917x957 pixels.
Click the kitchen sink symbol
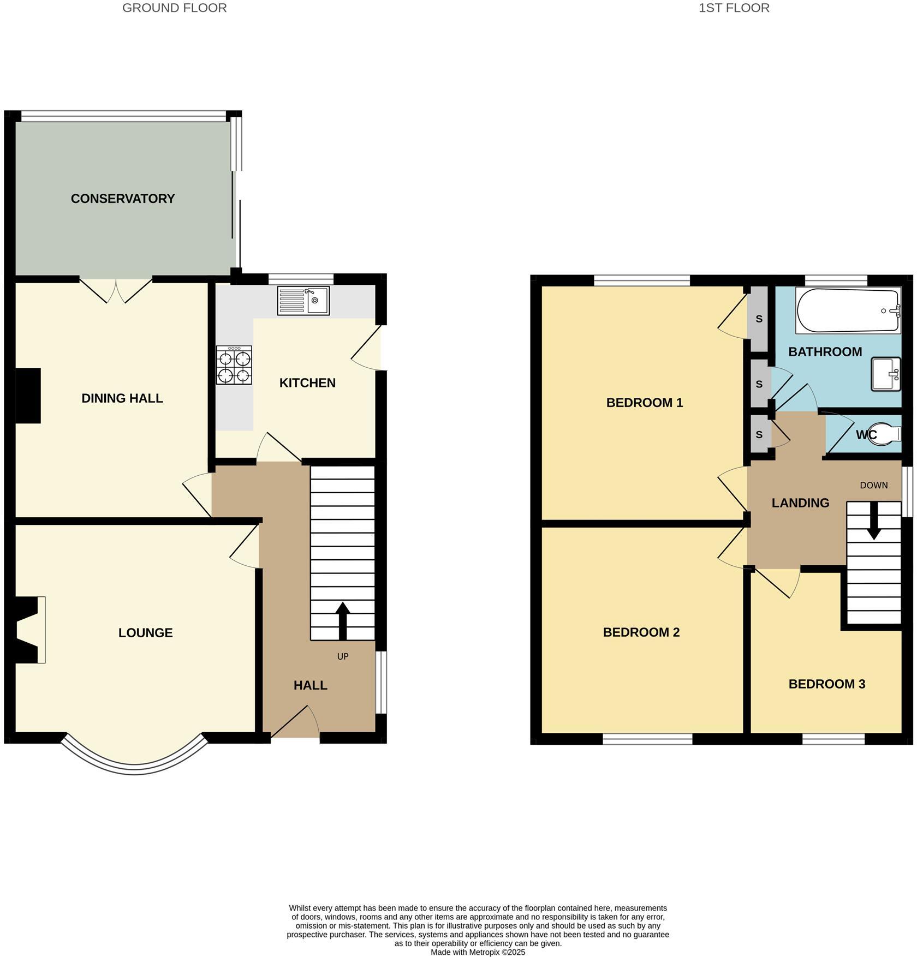(303, 301)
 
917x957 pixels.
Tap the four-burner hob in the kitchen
(234, 365)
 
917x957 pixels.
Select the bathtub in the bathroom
(848, 310)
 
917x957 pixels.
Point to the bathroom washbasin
(885, 374)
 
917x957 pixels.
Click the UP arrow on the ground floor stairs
(342, 621)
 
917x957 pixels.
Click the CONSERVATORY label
(123, 199)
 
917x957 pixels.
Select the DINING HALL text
(122, 398)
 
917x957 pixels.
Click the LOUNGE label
(146, 633)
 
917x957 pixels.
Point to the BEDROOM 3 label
(826, 684)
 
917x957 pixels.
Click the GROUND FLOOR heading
(174, 8)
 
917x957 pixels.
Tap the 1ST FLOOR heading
(734, 8)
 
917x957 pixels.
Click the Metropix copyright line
(478, 952)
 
